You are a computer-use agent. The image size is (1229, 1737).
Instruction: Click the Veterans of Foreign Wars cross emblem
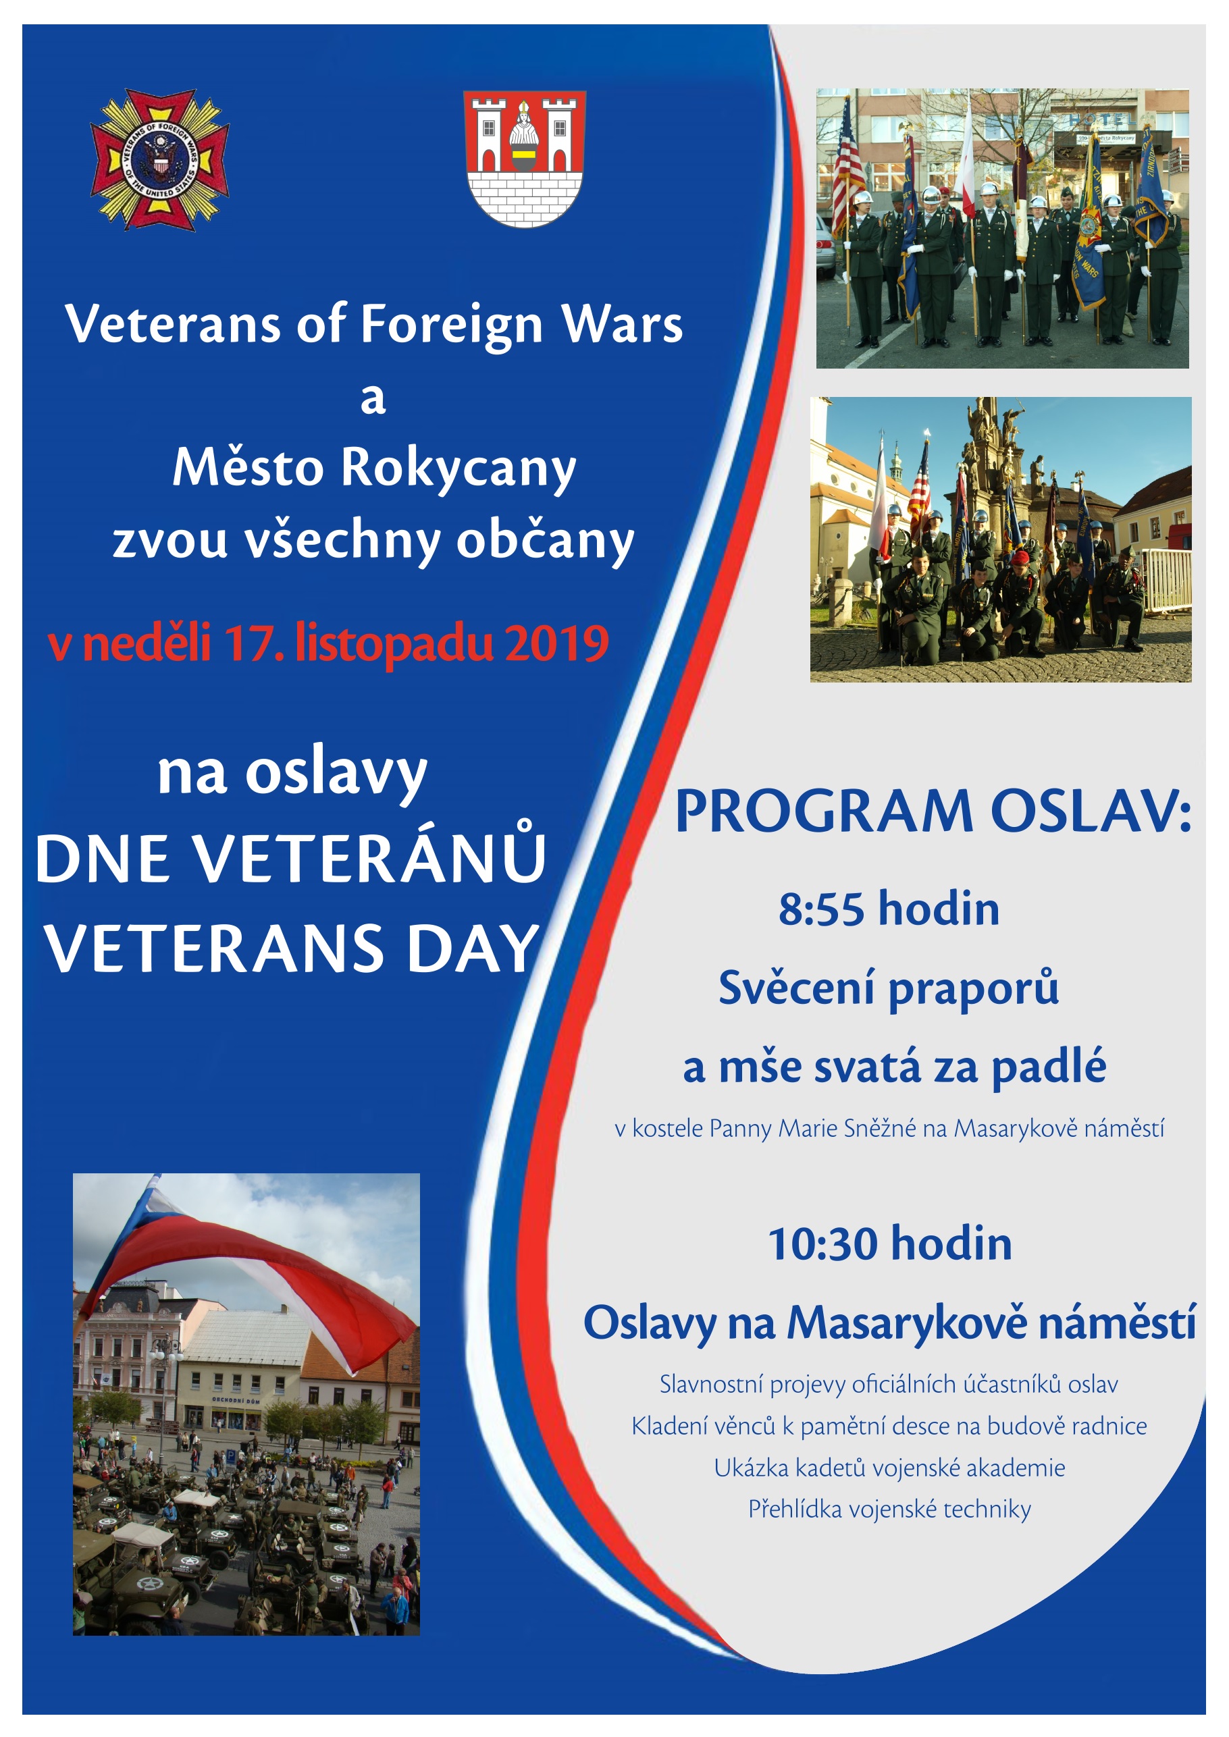click(159, 159)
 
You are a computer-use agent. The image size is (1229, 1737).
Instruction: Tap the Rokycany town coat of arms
click(525, 159)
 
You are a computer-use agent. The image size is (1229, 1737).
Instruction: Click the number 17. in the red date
click(255, 643)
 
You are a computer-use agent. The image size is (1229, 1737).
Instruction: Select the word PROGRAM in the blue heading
click(823, 811)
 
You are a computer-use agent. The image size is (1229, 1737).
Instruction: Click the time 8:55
click(821, 909)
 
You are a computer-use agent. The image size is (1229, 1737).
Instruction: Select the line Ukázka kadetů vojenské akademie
click(889, 1468)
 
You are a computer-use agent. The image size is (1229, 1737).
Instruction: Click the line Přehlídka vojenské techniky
click(889, 1509)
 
